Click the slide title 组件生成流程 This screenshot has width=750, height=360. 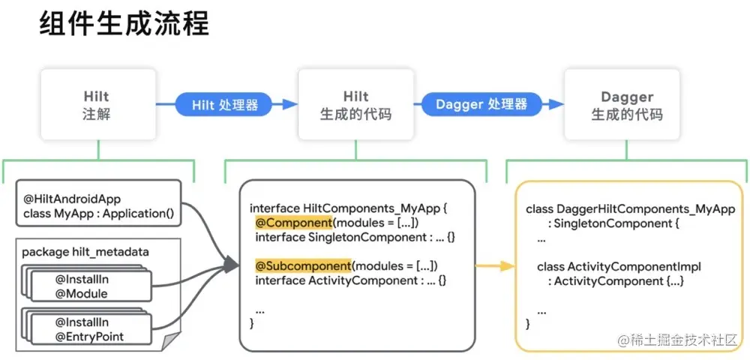[124, 24]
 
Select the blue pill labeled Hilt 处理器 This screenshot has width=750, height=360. [223, 104]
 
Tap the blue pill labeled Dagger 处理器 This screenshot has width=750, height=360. [482, 104]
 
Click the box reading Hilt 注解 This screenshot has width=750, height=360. [98, 105]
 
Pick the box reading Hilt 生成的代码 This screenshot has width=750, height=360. [355, 105]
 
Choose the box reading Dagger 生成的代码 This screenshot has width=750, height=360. [626, 105]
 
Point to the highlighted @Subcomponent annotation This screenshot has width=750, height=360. [304, 265]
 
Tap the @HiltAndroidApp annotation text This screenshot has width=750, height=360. [72, 199]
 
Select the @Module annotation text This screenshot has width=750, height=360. [81, 293]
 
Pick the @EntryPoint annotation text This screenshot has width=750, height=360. [89, 337]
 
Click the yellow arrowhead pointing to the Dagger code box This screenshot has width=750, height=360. [507, 266]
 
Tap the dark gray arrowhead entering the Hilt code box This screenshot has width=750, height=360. [232, 264]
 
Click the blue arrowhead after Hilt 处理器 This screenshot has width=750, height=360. [289, 104]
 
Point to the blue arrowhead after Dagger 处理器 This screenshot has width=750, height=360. [556, 104]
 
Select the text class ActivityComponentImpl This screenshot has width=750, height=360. [619, 266]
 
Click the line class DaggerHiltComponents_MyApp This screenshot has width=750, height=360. [631, 209]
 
